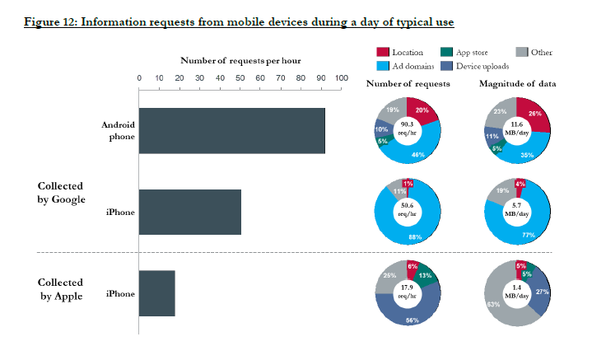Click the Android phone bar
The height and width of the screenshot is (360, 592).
click(231, 131)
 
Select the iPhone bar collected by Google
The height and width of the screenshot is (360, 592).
click(189, 212)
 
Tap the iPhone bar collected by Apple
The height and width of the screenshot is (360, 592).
click(156, 293)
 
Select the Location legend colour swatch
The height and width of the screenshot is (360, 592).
click(381, 53)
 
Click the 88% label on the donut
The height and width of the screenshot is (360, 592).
click(415, 237)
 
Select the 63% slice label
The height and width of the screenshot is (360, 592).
click(492, 306)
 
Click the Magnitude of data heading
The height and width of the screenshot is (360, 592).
click(515, 84)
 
